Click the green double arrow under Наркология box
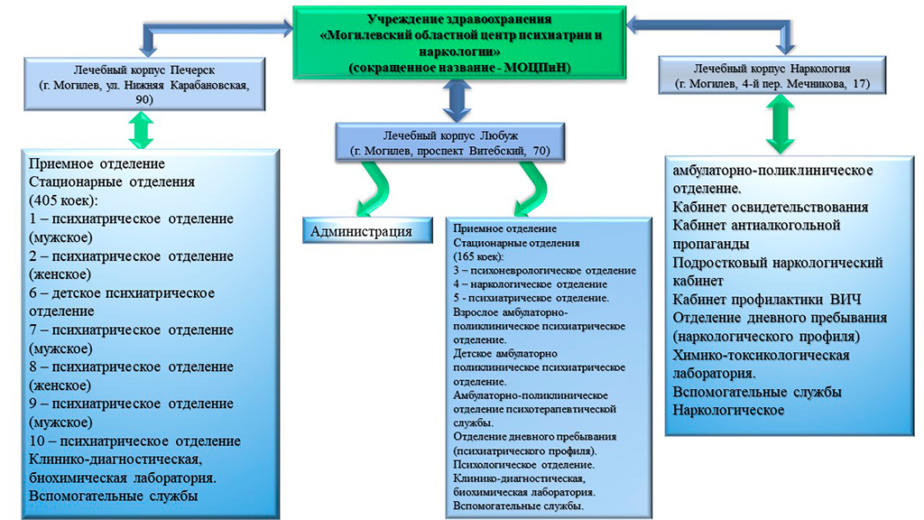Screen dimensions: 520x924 point(777,128)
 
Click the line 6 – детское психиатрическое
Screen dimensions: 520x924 point(122,292)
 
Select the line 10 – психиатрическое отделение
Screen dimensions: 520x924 point(134,441)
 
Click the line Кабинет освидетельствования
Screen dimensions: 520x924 point(771,207)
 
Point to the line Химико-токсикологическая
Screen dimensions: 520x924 point(761,355)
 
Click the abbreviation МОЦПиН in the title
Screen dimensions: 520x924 point(531,68)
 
